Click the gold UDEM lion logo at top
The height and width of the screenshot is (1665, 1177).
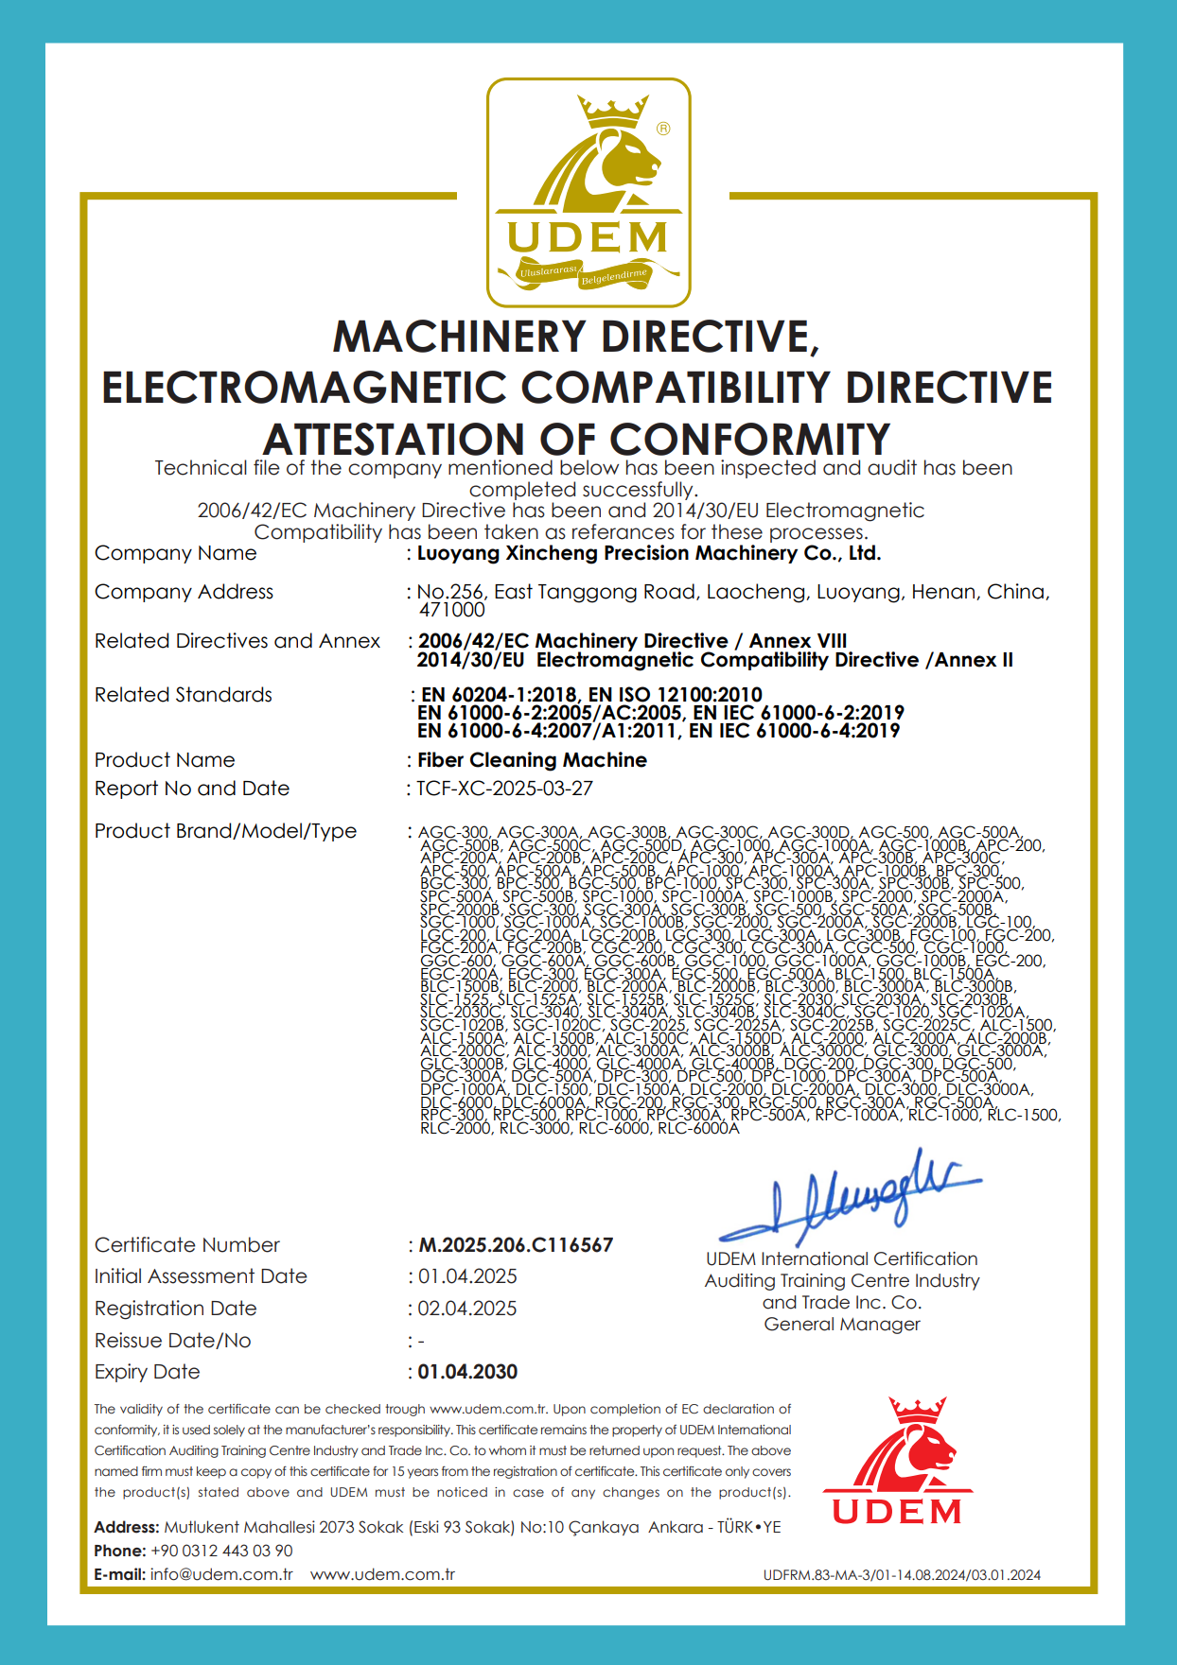588,193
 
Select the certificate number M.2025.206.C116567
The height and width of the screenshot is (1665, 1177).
516,1245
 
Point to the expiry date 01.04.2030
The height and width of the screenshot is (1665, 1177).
467,1372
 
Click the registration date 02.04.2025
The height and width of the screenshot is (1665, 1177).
467,1309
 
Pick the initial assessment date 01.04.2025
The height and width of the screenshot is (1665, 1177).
467,1276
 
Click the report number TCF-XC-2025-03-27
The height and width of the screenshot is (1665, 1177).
505,789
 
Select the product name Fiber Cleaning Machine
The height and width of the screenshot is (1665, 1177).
532,760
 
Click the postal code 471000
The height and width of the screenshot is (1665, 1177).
451,610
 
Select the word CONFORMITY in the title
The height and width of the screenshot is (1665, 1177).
749,440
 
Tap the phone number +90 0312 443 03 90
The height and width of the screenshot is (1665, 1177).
221,1551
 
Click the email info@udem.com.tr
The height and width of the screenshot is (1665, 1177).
221,1574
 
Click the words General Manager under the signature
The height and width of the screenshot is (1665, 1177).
842,1325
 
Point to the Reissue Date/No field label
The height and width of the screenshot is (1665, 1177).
172,1341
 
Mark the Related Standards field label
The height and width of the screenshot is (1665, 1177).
184,695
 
